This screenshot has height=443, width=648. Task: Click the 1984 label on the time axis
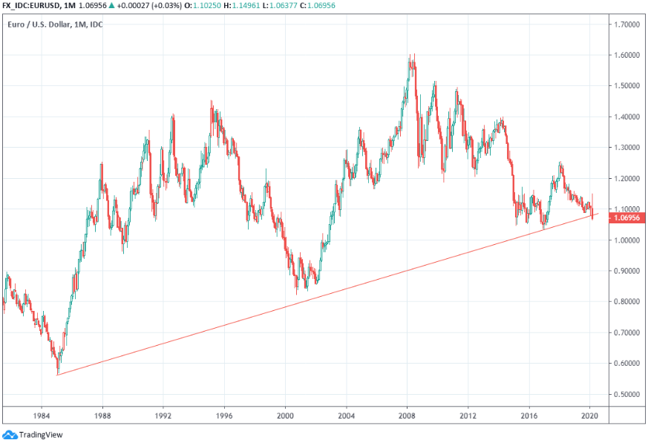coord(42,416)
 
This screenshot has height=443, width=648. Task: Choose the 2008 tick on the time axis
coord(406,416)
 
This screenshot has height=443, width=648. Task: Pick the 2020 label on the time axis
coord(590,416)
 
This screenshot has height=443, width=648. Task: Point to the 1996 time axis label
coord(224,416)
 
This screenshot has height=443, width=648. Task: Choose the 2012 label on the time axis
coord(467,416)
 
